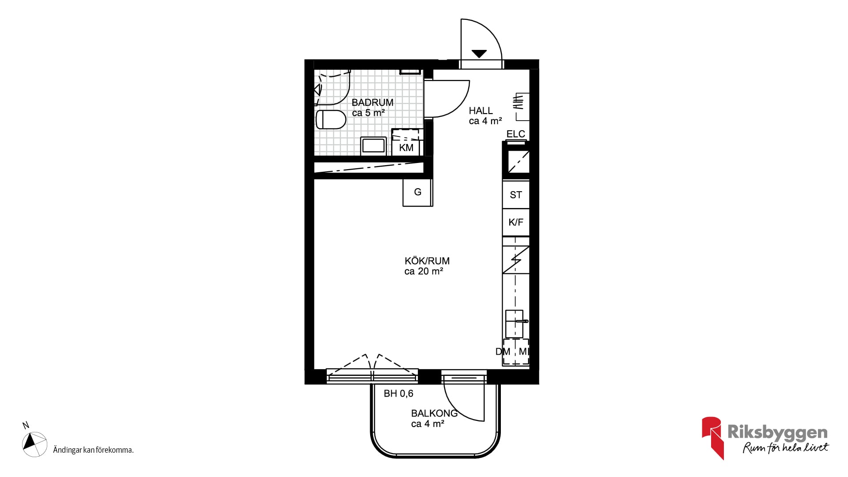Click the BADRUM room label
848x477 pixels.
372,102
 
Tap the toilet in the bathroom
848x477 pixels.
331,119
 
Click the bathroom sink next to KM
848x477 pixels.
374,146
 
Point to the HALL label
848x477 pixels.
481,110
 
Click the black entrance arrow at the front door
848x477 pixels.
479,54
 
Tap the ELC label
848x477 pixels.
516,134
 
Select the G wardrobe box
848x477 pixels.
417,192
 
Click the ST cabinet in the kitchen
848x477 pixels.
516,195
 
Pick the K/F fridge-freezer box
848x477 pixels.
516,222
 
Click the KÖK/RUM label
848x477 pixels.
427,261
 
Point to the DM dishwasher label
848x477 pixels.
503,352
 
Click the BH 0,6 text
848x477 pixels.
398,394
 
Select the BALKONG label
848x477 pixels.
434,413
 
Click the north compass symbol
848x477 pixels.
34,444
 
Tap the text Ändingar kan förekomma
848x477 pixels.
93,450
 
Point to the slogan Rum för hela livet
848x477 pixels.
786,448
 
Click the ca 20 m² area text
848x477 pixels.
424,272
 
